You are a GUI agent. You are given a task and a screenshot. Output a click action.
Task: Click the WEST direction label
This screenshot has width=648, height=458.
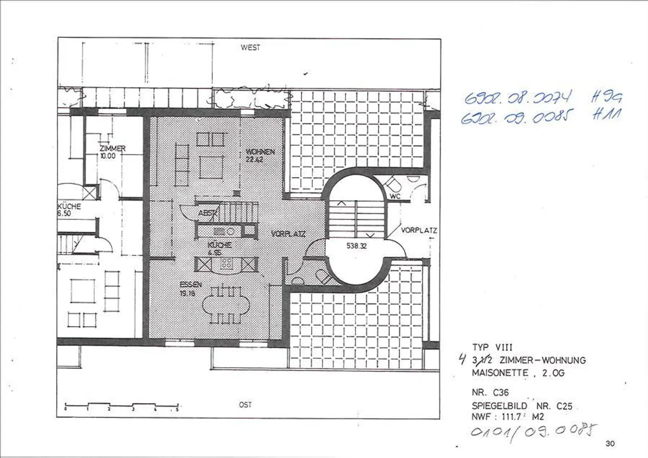[250, 47]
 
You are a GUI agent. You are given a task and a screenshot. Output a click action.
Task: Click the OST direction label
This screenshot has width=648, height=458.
[245, 405]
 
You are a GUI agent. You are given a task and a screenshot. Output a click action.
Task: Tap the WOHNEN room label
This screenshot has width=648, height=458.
[260, 152]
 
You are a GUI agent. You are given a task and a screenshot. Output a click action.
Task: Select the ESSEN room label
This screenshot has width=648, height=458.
[190, 285]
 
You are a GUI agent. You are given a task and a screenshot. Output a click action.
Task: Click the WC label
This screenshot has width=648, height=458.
[395, 197]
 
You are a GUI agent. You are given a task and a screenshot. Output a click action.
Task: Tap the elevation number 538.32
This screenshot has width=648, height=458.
[356, 246]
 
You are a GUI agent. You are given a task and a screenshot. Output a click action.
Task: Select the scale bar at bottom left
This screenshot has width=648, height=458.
[121, 407]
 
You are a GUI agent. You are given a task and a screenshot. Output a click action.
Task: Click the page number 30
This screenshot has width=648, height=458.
[610, 444]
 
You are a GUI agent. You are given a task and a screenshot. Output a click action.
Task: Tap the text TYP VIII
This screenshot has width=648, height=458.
[492, 347]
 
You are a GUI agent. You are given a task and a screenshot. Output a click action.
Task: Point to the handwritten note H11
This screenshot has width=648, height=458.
[606, 114]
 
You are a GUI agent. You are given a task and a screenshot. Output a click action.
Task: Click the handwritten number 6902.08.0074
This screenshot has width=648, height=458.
[518, 97]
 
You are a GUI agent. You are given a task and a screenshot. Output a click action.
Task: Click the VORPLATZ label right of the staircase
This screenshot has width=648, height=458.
[419, 230]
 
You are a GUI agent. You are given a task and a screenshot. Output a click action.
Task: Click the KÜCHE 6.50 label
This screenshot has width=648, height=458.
[69, 210]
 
